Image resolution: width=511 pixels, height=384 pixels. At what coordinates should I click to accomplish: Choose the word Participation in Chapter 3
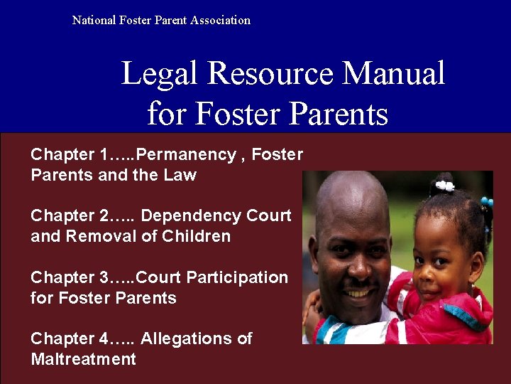[241, 277]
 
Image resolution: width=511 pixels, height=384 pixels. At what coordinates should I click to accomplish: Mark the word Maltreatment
[83, 359]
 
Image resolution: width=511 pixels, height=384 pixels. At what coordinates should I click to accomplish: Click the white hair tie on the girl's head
[445, 186]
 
